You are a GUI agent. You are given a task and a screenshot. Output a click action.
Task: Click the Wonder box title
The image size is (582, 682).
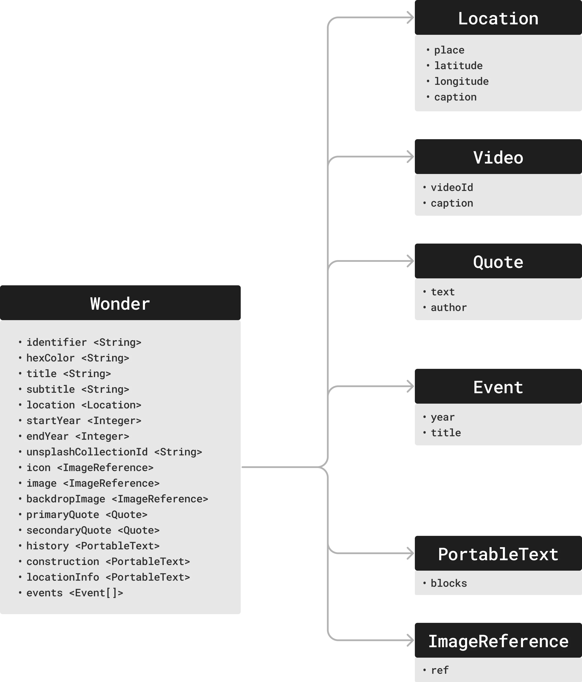(x=120, y=303)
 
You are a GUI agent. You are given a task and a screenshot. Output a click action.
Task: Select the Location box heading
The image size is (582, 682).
(x=498, y=18)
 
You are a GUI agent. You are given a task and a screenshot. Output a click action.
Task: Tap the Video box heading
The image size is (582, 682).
(x=498, y=157)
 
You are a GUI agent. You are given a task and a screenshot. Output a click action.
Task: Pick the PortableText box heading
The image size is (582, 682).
(x=498, y=554)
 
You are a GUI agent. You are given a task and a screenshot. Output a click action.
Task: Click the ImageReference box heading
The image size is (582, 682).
(x=498, y=641)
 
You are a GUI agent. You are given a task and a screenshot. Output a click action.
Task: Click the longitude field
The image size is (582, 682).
(x=461, y=81)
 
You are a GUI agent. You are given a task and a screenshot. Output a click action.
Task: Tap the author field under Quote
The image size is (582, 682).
(x=449, y=308)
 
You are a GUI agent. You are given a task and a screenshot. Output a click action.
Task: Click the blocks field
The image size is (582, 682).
(x=449, y=583)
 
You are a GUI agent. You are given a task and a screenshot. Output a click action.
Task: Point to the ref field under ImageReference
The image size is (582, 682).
(x=440, y=670)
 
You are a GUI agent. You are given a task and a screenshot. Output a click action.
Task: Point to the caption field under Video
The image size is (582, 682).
(x=452, y=203)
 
